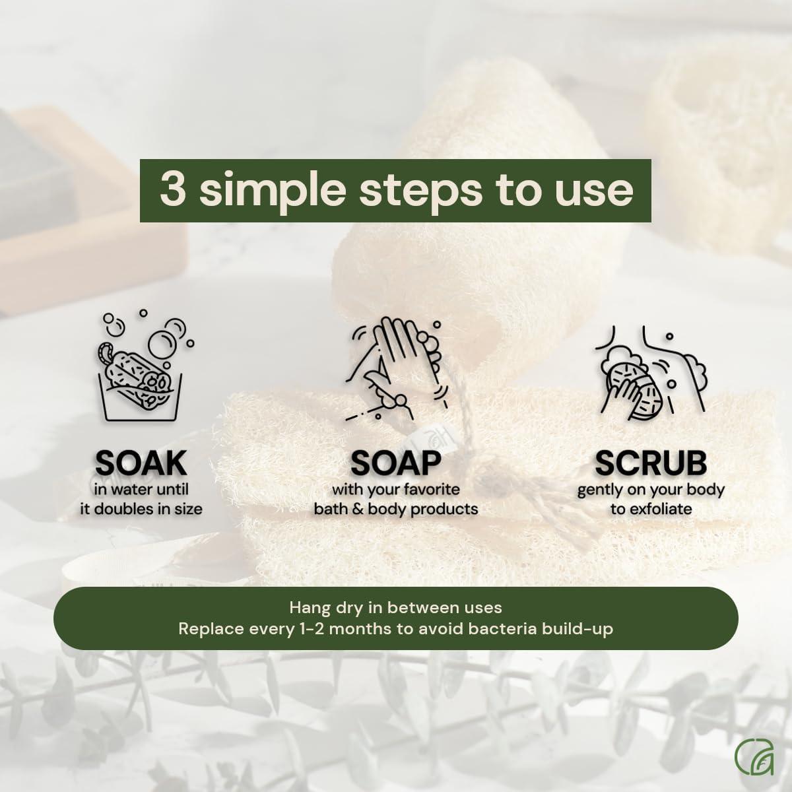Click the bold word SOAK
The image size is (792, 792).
[x=141, y=463]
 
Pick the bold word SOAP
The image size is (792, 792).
[x=395, y=463]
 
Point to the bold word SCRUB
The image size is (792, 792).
[x=651, y=463]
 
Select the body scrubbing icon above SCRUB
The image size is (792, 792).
[x=650, y=373]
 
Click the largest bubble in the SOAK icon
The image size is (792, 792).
[x=162, y=343]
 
